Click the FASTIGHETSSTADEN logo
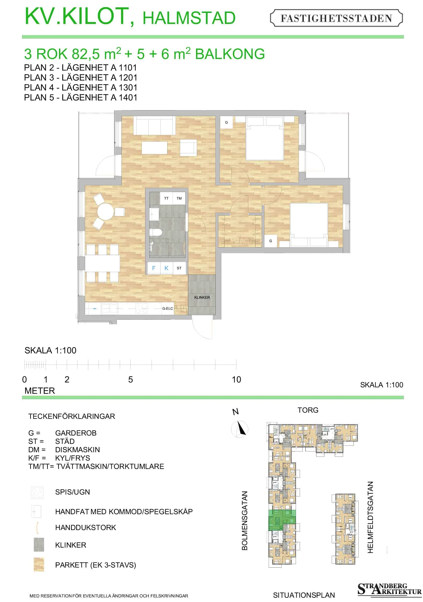[336, 18]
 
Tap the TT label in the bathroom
[166, 198]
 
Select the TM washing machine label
[179, 198]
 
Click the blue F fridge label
[154, 268]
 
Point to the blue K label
[166, 268]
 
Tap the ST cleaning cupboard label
[179, 268]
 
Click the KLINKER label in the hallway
[202, 297]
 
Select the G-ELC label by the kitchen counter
[167, 308]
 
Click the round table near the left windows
[106, 212]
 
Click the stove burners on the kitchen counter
[142, 309]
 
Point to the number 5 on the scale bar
[131, 380]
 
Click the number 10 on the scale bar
[236, 380]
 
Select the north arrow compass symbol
[240, 429]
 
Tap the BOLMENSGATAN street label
[244, 520]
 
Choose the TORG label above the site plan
[308, 410]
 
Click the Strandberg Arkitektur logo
[389, 589]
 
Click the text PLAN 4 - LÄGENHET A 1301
[81, 88]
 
